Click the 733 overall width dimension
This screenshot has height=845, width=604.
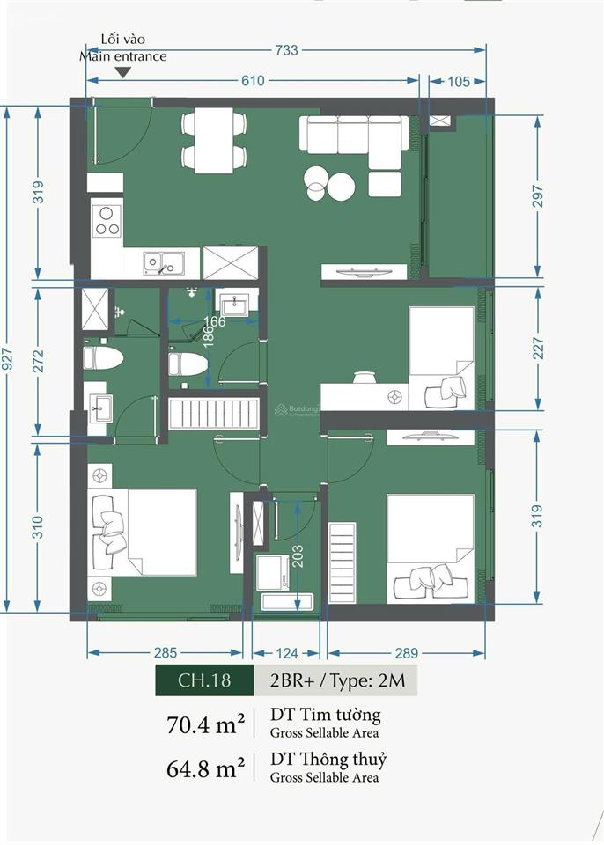286,50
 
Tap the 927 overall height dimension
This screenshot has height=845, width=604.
7,359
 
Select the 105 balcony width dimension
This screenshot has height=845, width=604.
459,81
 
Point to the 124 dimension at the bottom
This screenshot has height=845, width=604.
286,653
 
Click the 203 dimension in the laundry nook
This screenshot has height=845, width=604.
297,556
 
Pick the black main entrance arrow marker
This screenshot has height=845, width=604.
124,72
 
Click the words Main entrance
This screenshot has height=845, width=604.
123,56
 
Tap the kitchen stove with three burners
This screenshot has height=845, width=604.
107,221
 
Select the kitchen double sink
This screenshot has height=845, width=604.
164,262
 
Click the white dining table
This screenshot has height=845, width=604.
214,141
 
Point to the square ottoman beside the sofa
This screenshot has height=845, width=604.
385,184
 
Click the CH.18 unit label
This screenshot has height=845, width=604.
204,680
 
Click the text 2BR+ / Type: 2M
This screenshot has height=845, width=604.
337,680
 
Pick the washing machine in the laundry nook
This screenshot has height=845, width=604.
274,573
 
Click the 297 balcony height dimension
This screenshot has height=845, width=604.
538,196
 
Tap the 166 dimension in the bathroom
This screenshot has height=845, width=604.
214,322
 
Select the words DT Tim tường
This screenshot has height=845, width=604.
325,715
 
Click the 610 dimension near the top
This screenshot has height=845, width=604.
253,81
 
